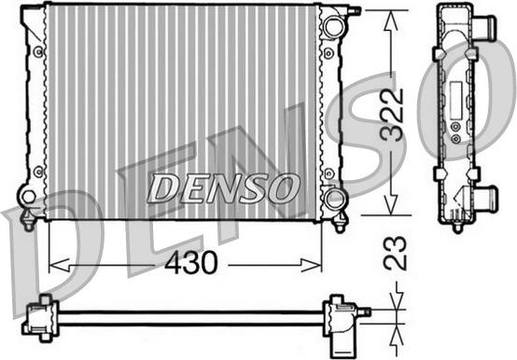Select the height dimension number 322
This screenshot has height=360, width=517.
tap(395, 114)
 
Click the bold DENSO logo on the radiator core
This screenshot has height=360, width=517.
tap(224, 187)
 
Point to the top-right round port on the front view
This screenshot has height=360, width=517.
tap(333, 26)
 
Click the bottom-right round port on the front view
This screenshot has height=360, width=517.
tap(333, 198)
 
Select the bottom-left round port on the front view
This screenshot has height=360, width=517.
tap(29, 197)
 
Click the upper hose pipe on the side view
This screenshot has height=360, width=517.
tap(484, 27)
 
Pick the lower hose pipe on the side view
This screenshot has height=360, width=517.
tap(484, 198)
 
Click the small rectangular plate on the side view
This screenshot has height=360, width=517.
tap(454, 98)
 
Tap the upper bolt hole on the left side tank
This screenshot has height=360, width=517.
tap(38, 51)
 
